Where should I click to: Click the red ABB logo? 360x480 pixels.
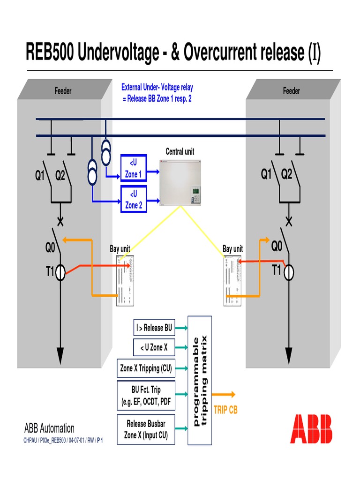(311, 428)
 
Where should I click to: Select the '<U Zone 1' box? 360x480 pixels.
(134, 169)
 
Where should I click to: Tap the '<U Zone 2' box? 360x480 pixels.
(134, 200)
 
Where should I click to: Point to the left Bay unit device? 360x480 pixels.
(125, 280)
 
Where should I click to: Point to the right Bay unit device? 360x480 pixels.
(232, 280)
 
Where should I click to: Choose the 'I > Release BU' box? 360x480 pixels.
(154, 328)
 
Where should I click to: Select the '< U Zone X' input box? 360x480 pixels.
(154, 347)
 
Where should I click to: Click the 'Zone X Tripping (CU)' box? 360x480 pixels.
(146, 368)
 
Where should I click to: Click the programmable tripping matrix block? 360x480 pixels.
(200, 380)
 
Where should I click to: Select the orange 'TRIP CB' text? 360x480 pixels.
(225, 410)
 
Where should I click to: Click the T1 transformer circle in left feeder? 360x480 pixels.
(60, 272)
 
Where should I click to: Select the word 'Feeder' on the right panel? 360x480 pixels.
(291, 91)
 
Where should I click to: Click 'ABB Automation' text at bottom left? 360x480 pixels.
(49, 428)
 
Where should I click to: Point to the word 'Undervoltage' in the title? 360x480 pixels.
(119, 53)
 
